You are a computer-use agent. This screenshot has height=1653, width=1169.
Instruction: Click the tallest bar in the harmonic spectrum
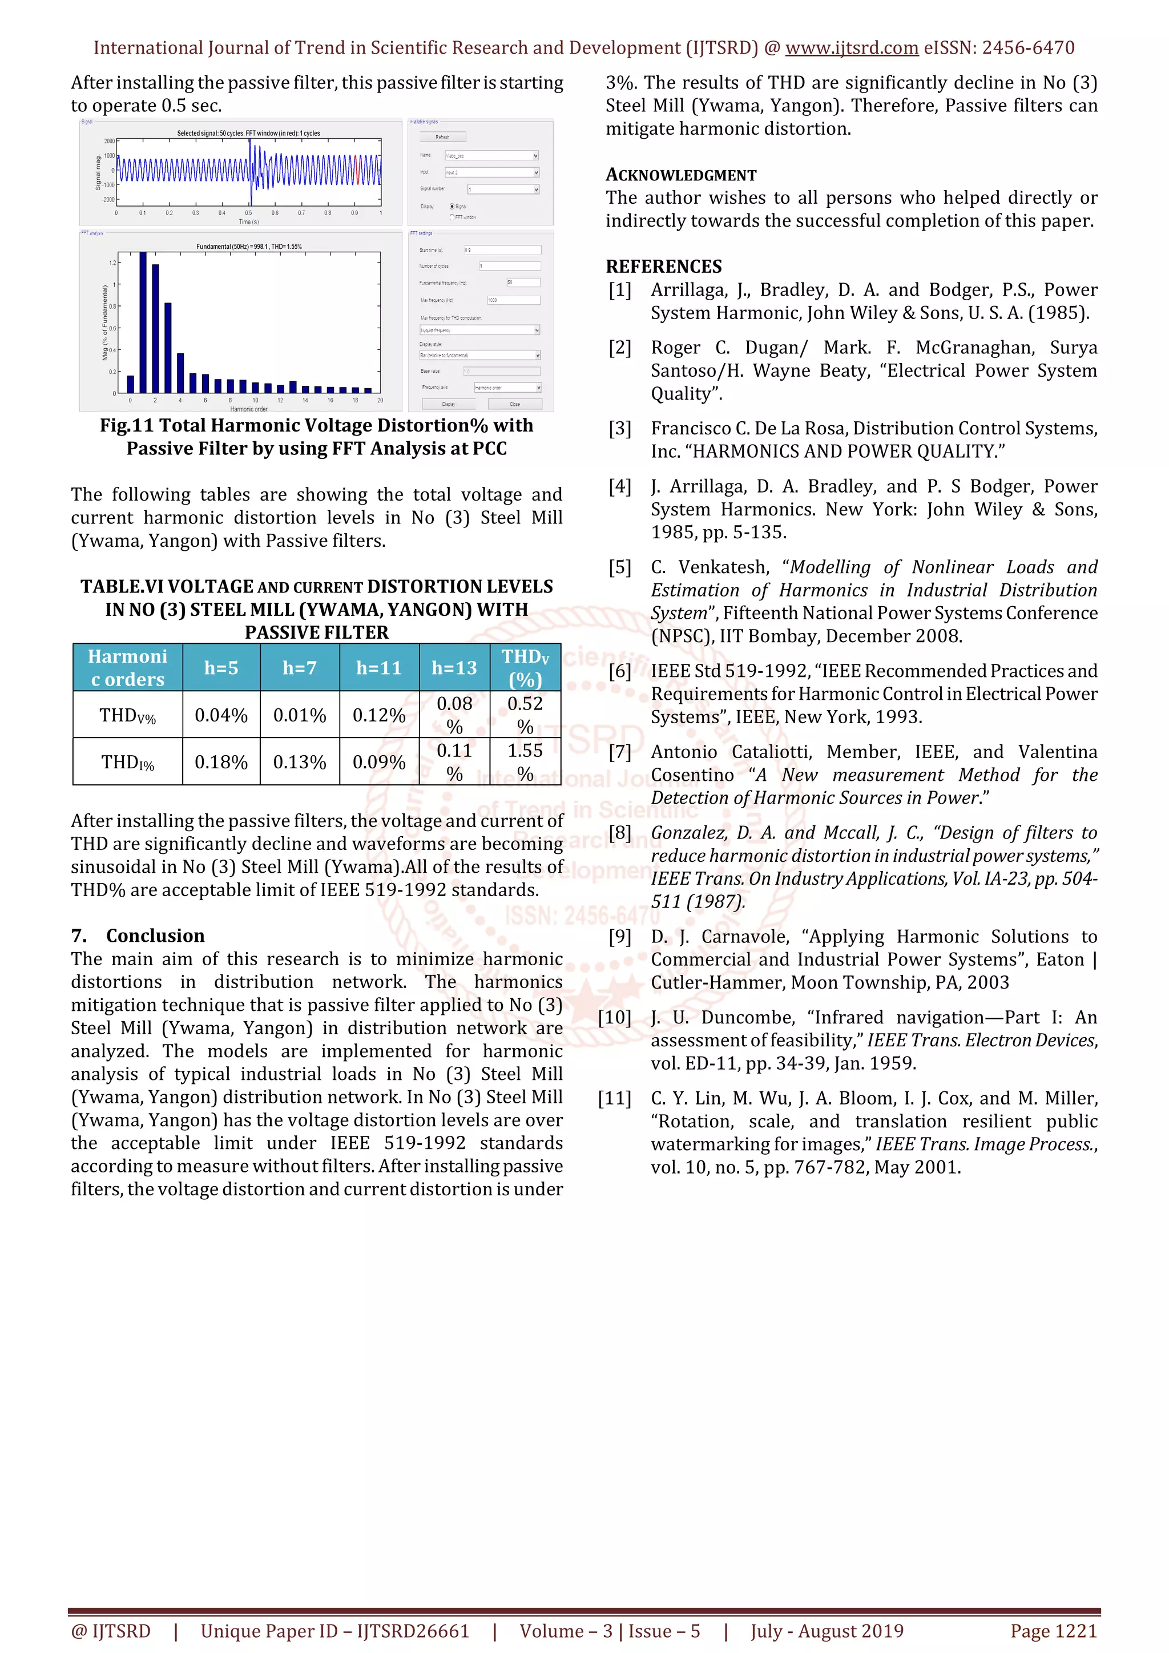[143, 322]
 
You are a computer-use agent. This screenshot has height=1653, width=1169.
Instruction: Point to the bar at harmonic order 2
[155, 328]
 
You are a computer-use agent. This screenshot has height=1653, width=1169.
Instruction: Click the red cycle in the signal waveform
[357, 170]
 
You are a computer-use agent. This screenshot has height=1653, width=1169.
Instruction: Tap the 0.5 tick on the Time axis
[248, 213]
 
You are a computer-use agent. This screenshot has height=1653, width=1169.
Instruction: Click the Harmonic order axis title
[248, 409]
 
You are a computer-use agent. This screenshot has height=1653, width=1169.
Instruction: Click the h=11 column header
[378, 668]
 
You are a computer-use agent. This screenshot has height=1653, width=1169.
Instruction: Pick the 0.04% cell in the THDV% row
[221, 715]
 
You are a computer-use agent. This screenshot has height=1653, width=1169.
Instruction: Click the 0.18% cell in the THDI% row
[221, 761]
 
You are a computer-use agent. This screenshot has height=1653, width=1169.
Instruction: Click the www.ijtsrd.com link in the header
[852, 49]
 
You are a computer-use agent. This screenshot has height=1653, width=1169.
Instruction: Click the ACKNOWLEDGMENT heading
[681, 175]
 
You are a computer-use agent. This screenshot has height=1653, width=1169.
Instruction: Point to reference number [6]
[620, 671]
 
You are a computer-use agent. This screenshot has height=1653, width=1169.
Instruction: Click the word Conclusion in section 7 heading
[155, 935]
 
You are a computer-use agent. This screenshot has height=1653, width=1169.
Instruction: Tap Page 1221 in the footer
[1054, 1631]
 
